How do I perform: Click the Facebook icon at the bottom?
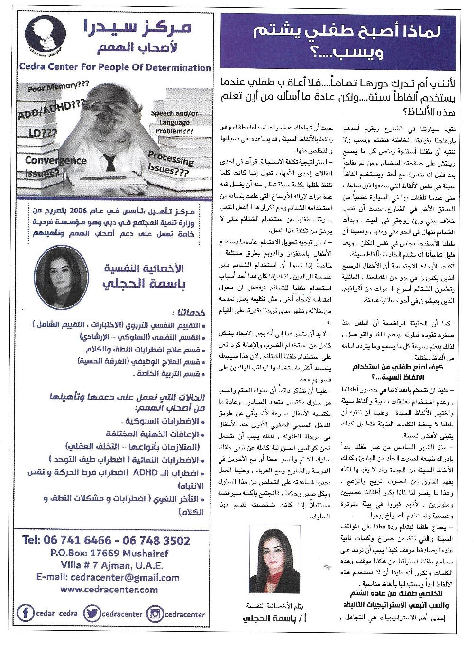tap(26, 613)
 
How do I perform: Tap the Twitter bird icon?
tap(91, 613)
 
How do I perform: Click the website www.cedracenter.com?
tap(109, 590)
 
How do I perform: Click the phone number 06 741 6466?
tap(77, 540)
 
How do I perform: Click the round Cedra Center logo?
tap(45, 37)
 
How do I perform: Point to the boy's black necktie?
tap(110, 163)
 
